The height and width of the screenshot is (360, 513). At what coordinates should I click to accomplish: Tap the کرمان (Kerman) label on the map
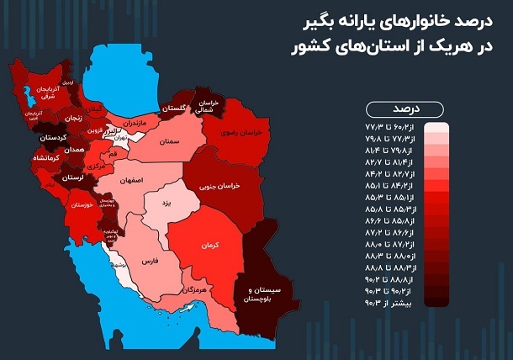click(210, 245)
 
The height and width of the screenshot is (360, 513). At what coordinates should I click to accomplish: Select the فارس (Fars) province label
click(150, 262)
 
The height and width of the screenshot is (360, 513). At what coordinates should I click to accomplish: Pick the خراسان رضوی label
click(243, 133)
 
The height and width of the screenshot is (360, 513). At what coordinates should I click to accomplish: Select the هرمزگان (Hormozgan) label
click(193, 289)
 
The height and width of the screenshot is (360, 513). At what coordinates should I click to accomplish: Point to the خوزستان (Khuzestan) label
click(77, 204)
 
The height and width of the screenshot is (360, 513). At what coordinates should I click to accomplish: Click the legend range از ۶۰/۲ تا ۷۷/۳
click(394, 124)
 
